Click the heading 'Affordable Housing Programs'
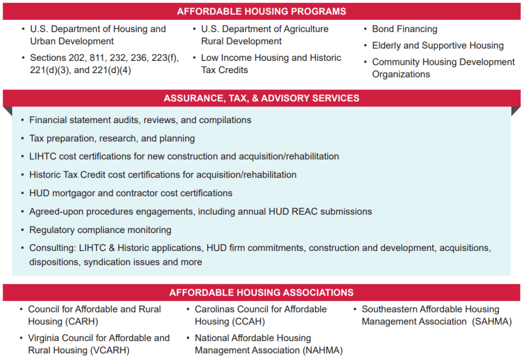pyautogui.click(x=261, y=11)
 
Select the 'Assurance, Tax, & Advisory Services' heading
pyautogui.click(x=261, y=98)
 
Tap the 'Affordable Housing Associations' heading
pyautogui.click(x=261, y=292)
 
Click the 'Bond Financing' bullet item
pyautogui.click(x=405, y=29)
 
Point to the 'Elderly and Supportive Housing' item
pyautogui.click(x=438, y=46)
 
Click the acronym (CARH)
pyautogui.click(x=81, y=322)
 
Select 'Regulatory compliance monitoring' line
pyautogui.click(x=100, y=230)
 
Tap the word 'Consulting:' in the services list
pyautogui.click(x=53, y=248)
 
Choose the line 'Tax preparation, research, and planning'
pyautogui.click(x=112, y=139)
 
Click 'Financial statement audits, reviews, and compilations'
pyautogui.click(x=140, y=120)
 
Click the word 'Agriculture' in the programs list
pyautogui.click(x=302, y=29)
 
